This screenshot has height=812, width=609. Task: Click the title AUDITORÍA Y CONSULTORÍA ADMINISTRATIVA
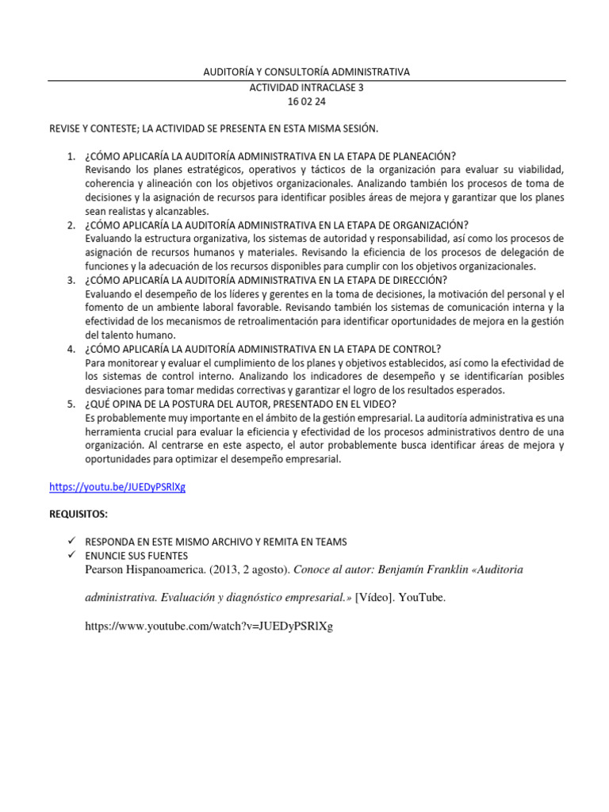[306, 72]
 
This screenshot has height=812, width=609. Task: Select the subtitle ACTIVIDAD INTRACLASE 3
[306, 87]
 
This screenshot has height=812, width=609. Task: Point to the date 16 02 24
[306, 101]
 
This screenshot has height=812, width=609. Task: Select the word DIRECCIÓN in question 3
[419, 280]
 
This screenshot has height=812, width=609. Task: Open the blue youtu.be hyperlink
[117, 487]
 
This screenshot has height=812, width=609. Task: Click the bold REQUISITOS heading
[79, 514]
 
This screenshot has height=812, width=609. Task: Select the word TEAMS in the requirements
[331, 542]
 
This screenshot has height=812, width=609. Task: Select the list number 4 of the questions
[71, 349]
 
